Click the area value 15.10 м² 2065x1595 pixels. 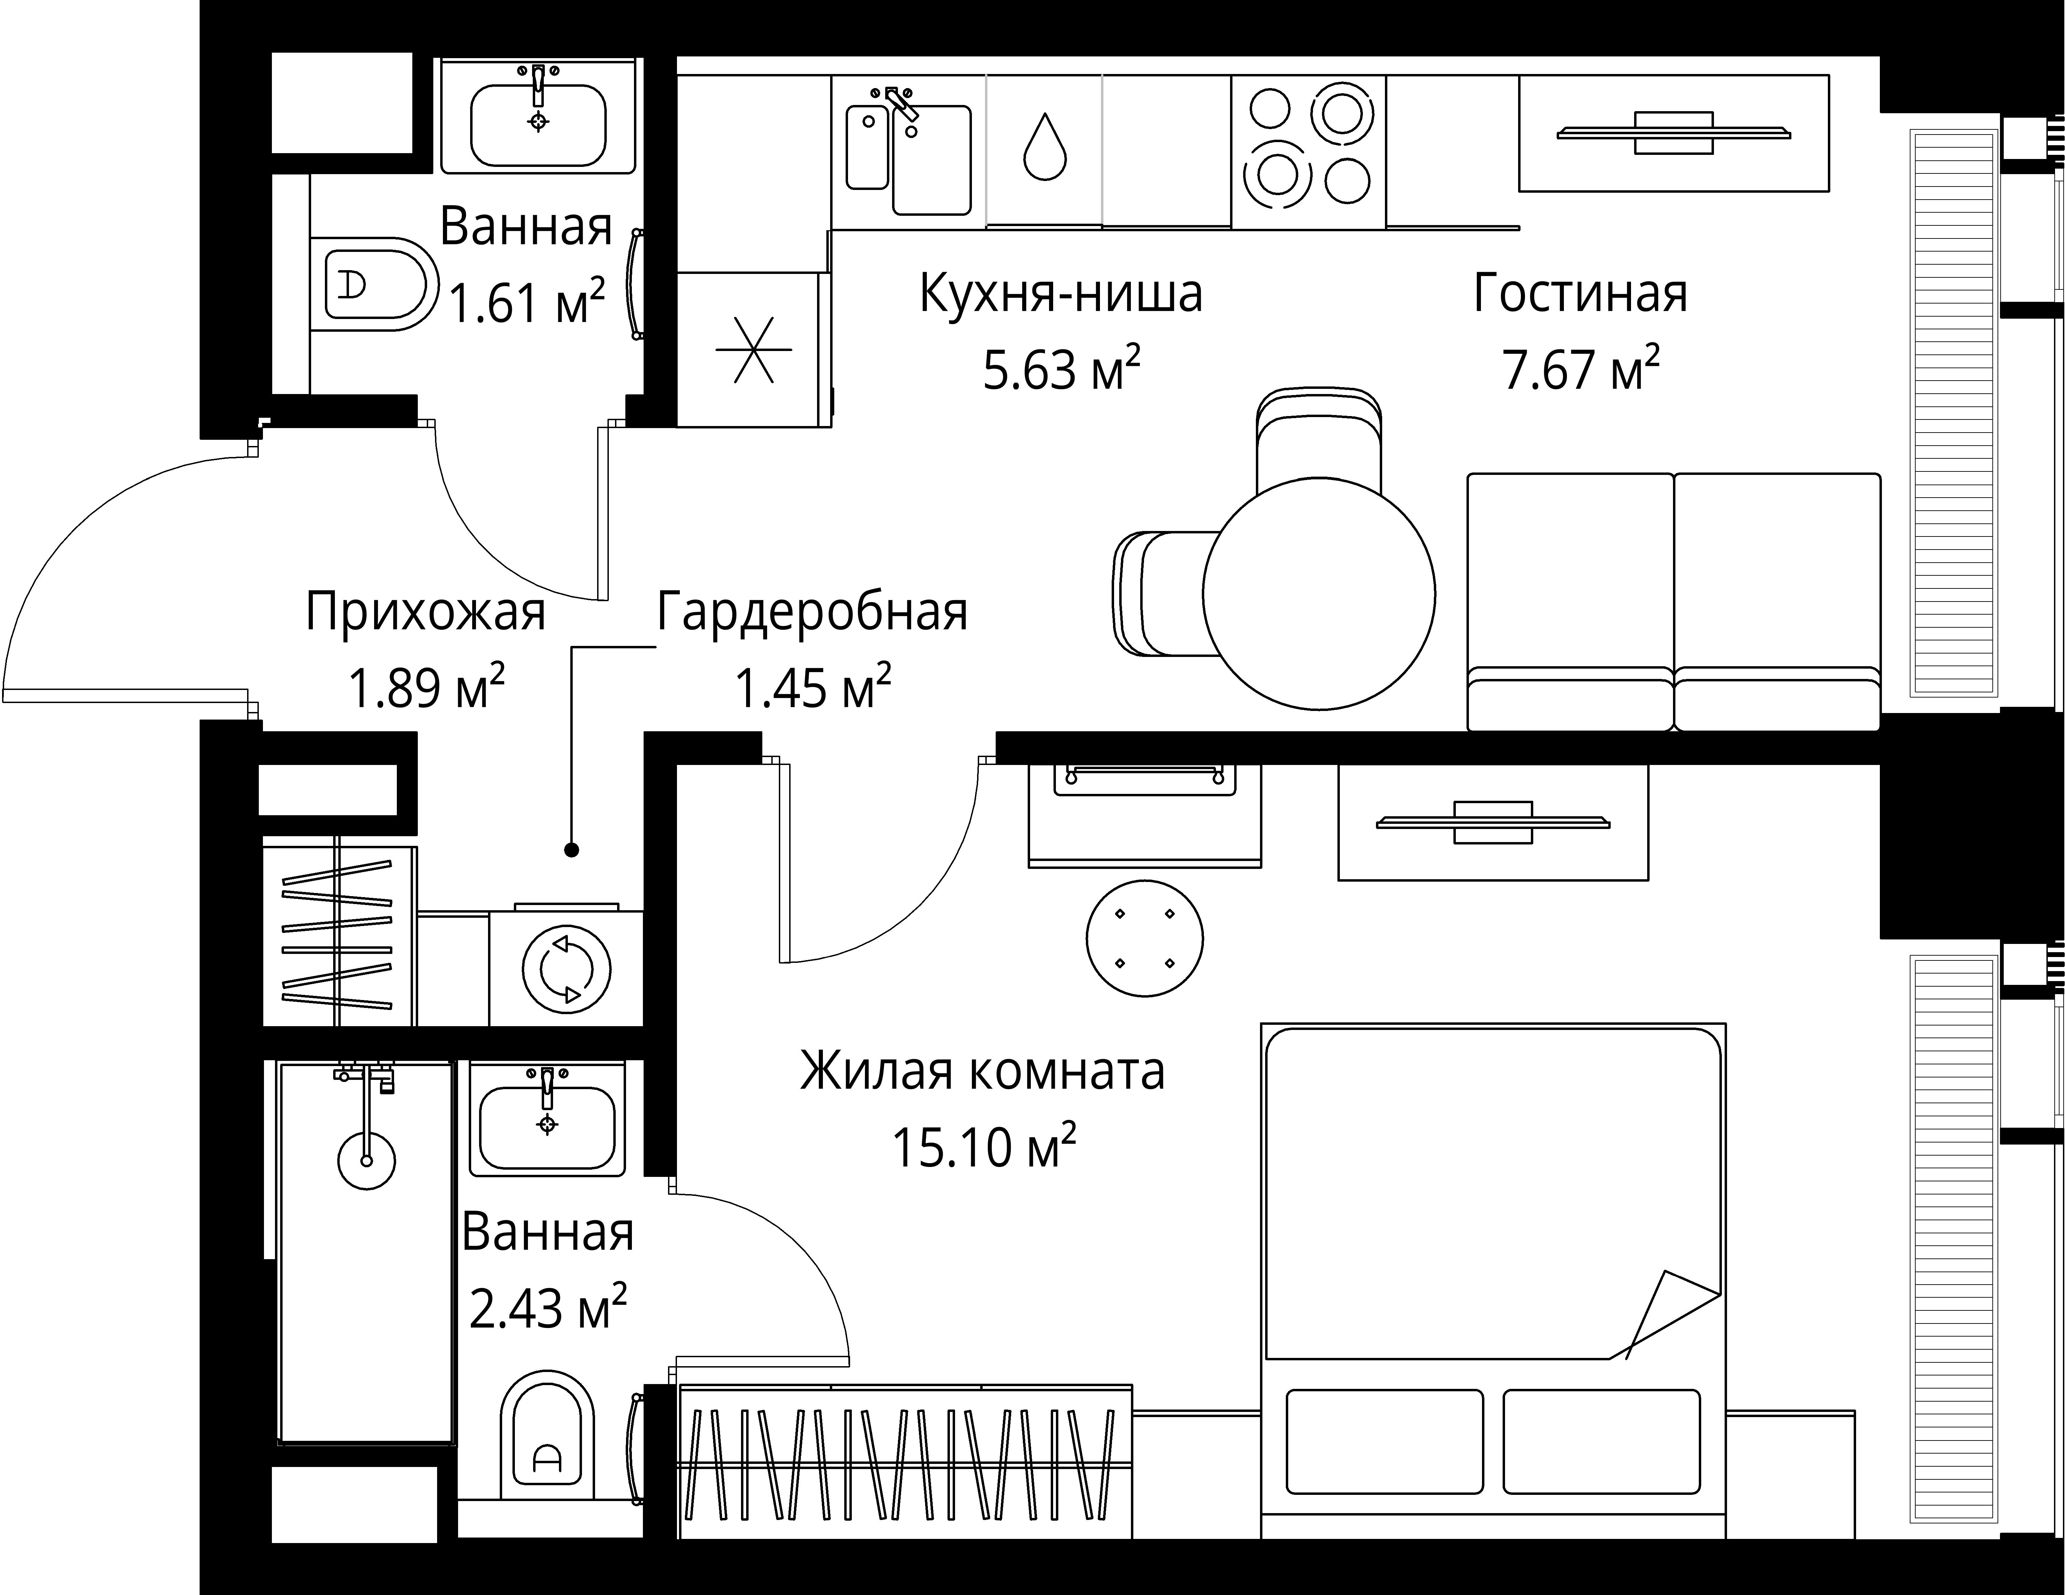point(983,1148)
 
